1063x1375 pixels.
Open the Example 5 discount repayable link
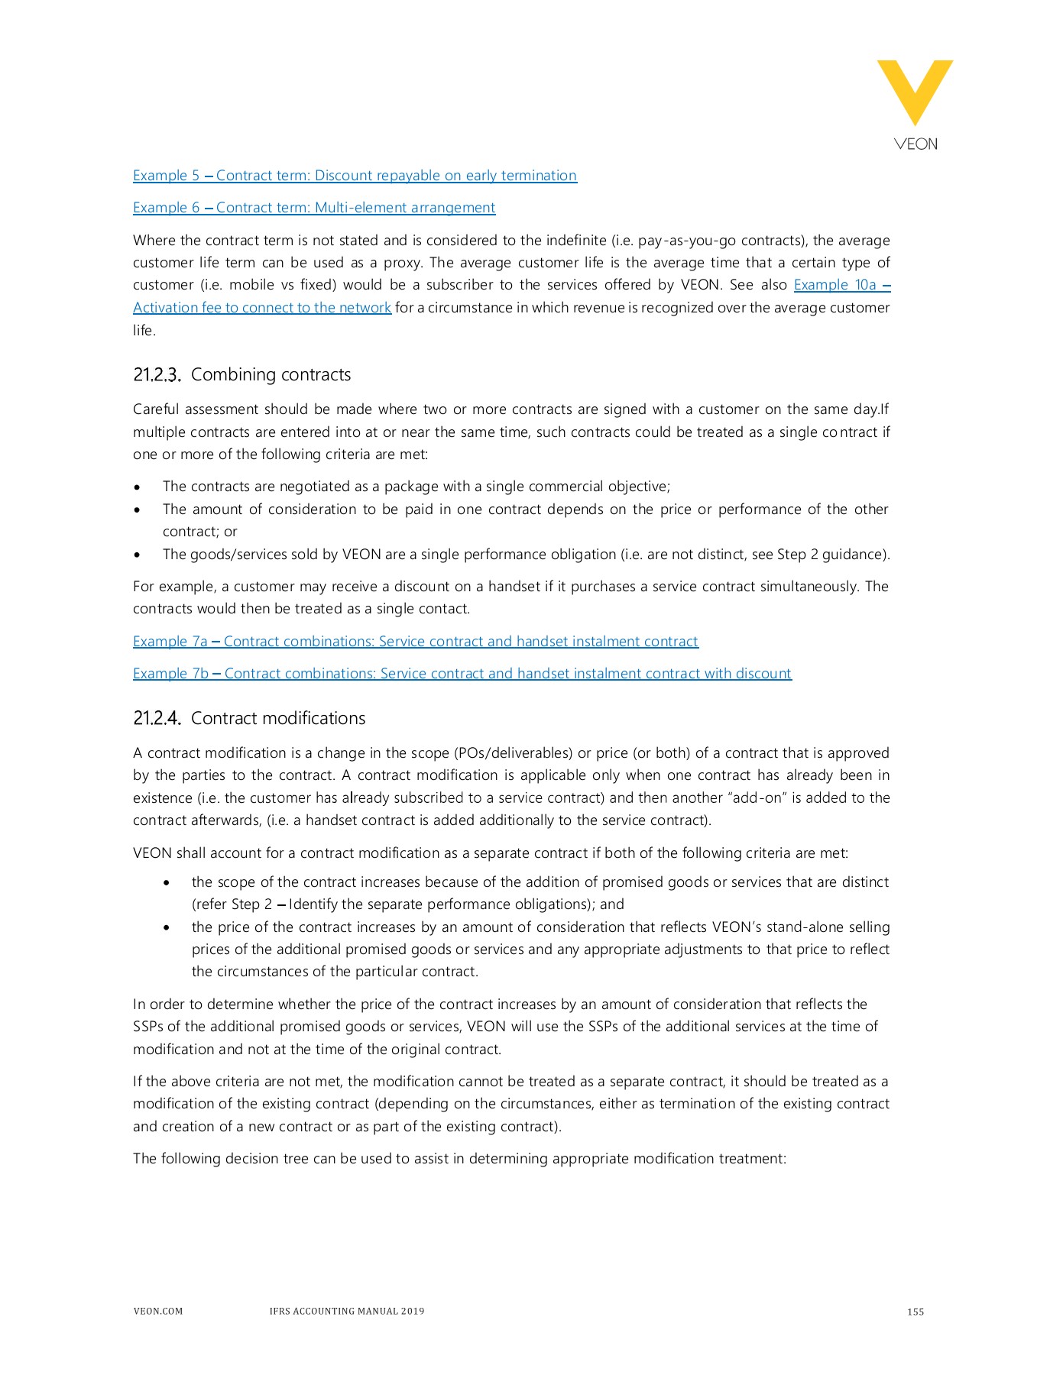[355, 176]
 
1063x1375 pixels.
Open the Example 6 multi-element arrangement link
[314, 208]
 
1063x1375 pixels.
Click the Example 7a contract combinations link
[415, 642]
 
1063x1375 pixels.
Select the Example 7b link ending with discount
[462, 674]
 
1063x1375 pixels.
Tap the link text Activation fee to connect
[261, 308]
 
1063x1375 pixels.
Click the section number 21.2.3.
[157, 375]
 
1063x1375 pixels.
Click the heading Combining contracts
[271, 375]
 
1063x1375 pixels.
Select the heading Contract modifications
[278, 719]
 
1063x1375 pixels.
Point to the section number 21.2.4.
[157, 719]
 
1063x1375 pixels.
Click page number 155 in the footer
[915, 1312]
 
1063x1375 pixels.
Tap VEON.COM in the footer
[158, 1312]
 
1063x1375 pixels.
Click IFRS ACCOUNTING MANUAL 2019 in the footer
[346, 1312]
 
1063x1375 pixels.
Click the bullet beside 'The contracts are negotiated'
[137, 487]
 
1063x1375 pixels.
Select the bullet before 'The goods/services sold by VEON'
[137, 555]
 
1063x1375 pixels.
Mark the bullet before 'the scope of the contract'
[167, 883]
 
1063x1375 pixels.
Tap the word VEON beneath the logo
[915, 144]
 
